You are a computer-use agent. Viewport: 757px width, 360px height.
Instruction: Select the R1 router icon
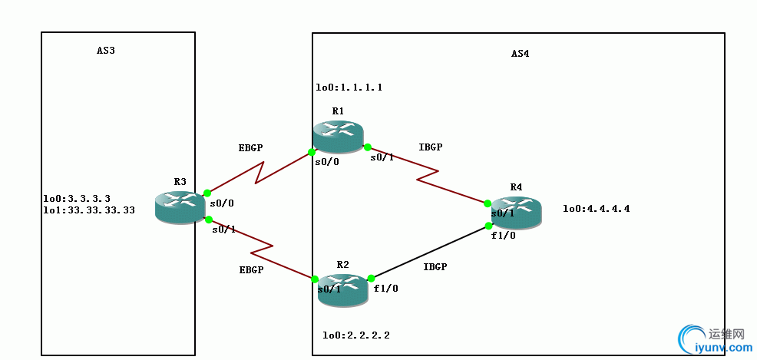click(337, 137)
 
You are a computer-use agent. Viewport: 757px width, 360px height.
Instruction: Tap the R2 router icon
click(342, 290)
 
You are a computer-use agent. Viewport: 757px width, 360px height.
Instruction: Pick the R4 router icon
click(516, 212)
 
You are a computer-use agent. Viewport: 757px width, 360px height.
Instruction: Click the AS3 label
click(106, 51)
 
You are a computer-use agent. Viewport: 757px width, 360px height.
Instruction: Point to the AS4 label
click(520, 54)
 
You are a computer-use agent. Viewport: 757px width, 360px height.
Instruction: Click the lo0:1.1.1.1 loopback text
click(349, 88)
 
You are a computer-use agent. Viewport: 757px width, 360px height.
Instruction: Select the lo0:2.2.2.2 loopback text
click(356, 335)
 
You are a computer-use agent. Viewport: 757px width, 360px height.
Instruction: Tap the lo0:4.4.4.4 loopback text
click(597, 209)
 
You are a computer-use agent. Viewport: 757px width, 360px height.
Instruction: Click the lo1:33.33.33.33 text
click(89, 210)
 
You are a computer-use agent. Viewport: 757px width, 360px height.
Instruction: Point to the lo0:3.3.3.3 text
click(78, 199)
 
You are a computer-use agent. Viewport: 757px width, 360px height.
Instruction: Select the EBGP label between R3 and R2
click(251, 270)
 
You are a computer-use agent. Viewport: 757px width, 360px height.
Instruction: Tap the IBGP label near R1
click(431, 147)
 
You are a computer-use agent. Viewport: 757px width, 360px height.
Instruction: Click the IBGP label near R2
click(435, 267)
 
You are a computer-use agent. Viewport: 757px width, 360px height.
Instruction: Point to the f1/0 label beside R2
click(385, 289)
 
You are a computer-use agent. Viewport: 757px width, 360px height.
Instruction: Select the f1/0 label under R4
click(504, 236)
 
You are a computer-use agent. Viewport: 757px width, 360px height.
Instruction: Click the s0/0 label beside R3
click(221, 203)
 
